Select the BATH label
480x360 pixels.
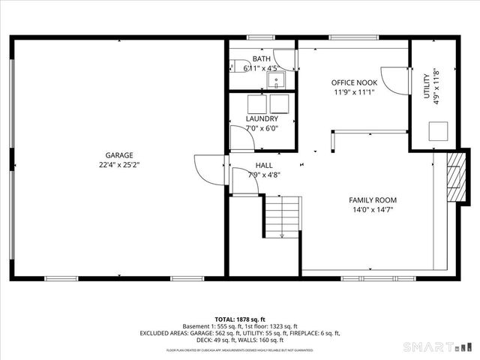(261, 59)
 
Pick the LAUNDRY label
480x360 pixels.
(262, 118)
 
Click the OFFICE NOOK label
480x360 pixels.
(354, 82)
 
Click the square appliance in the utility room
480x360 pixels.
(439, 132)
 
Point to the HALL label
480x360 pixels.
(264, 165)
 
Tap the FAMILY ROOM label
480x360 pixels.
(372, 200)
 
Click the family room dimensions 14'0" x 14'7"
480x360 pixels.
(372, 210)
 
